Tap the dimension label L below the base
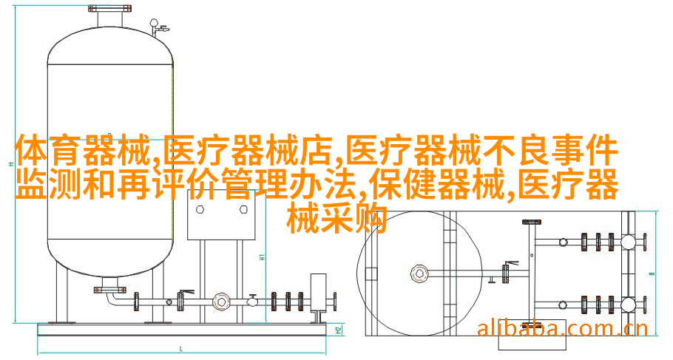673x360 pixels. tap(182, 347)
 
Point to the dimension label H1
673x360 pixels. tap(262, 257)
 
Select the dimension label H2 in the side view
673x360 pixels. tap(339, 329)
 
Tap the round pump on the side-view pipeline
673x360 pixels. tap(220, 301)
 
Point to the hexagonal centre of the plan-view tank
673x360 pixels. tap(419, 273)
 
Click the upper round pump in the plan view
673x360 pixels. tap(628, 242)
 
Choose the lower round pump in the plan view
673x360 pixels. tap(628, 304)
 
